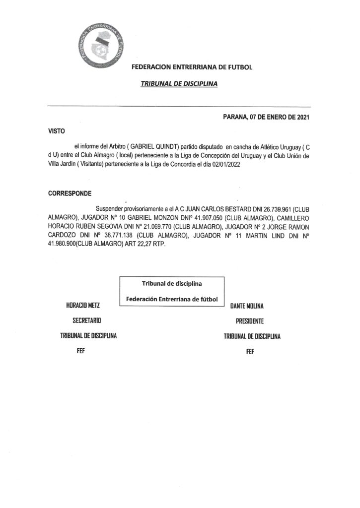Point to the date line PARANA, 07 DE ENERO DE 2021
267,118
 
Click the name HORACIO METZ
87,306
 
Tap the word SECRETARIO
87,321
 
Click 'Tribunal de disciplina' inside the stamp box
172,284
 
